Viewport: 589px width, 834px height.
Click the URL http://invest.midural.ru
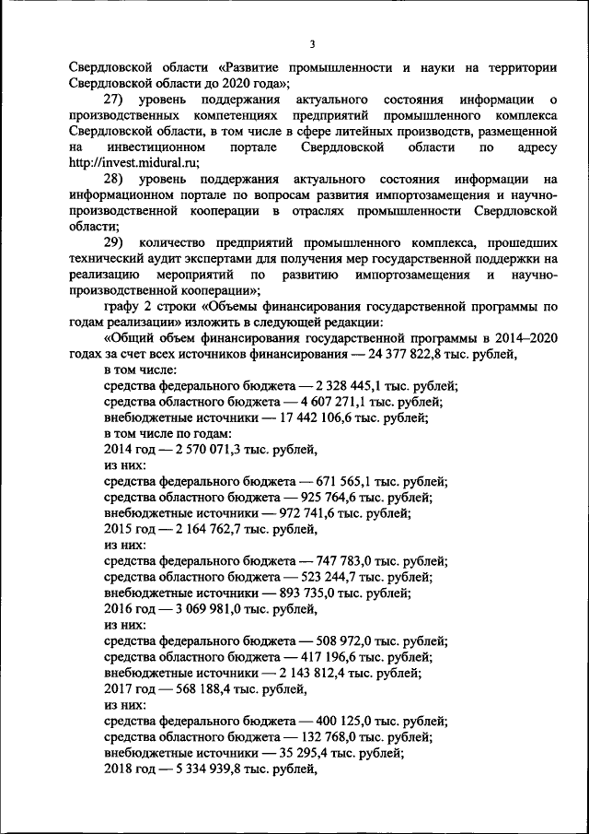tap(131, 162)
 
